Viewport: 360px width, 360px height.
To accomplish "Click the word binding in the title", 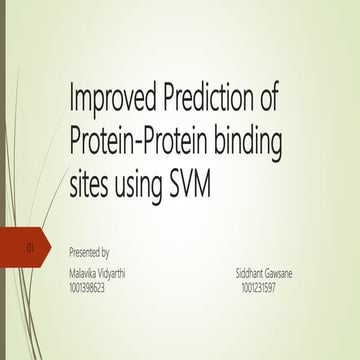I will click(x=245, y=142).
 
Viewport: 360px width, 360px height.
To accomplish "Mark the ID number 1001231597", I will click(x=259, y=288).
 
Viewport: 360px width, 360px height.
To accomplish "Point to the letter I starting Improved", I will click(x=72, y=101).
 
